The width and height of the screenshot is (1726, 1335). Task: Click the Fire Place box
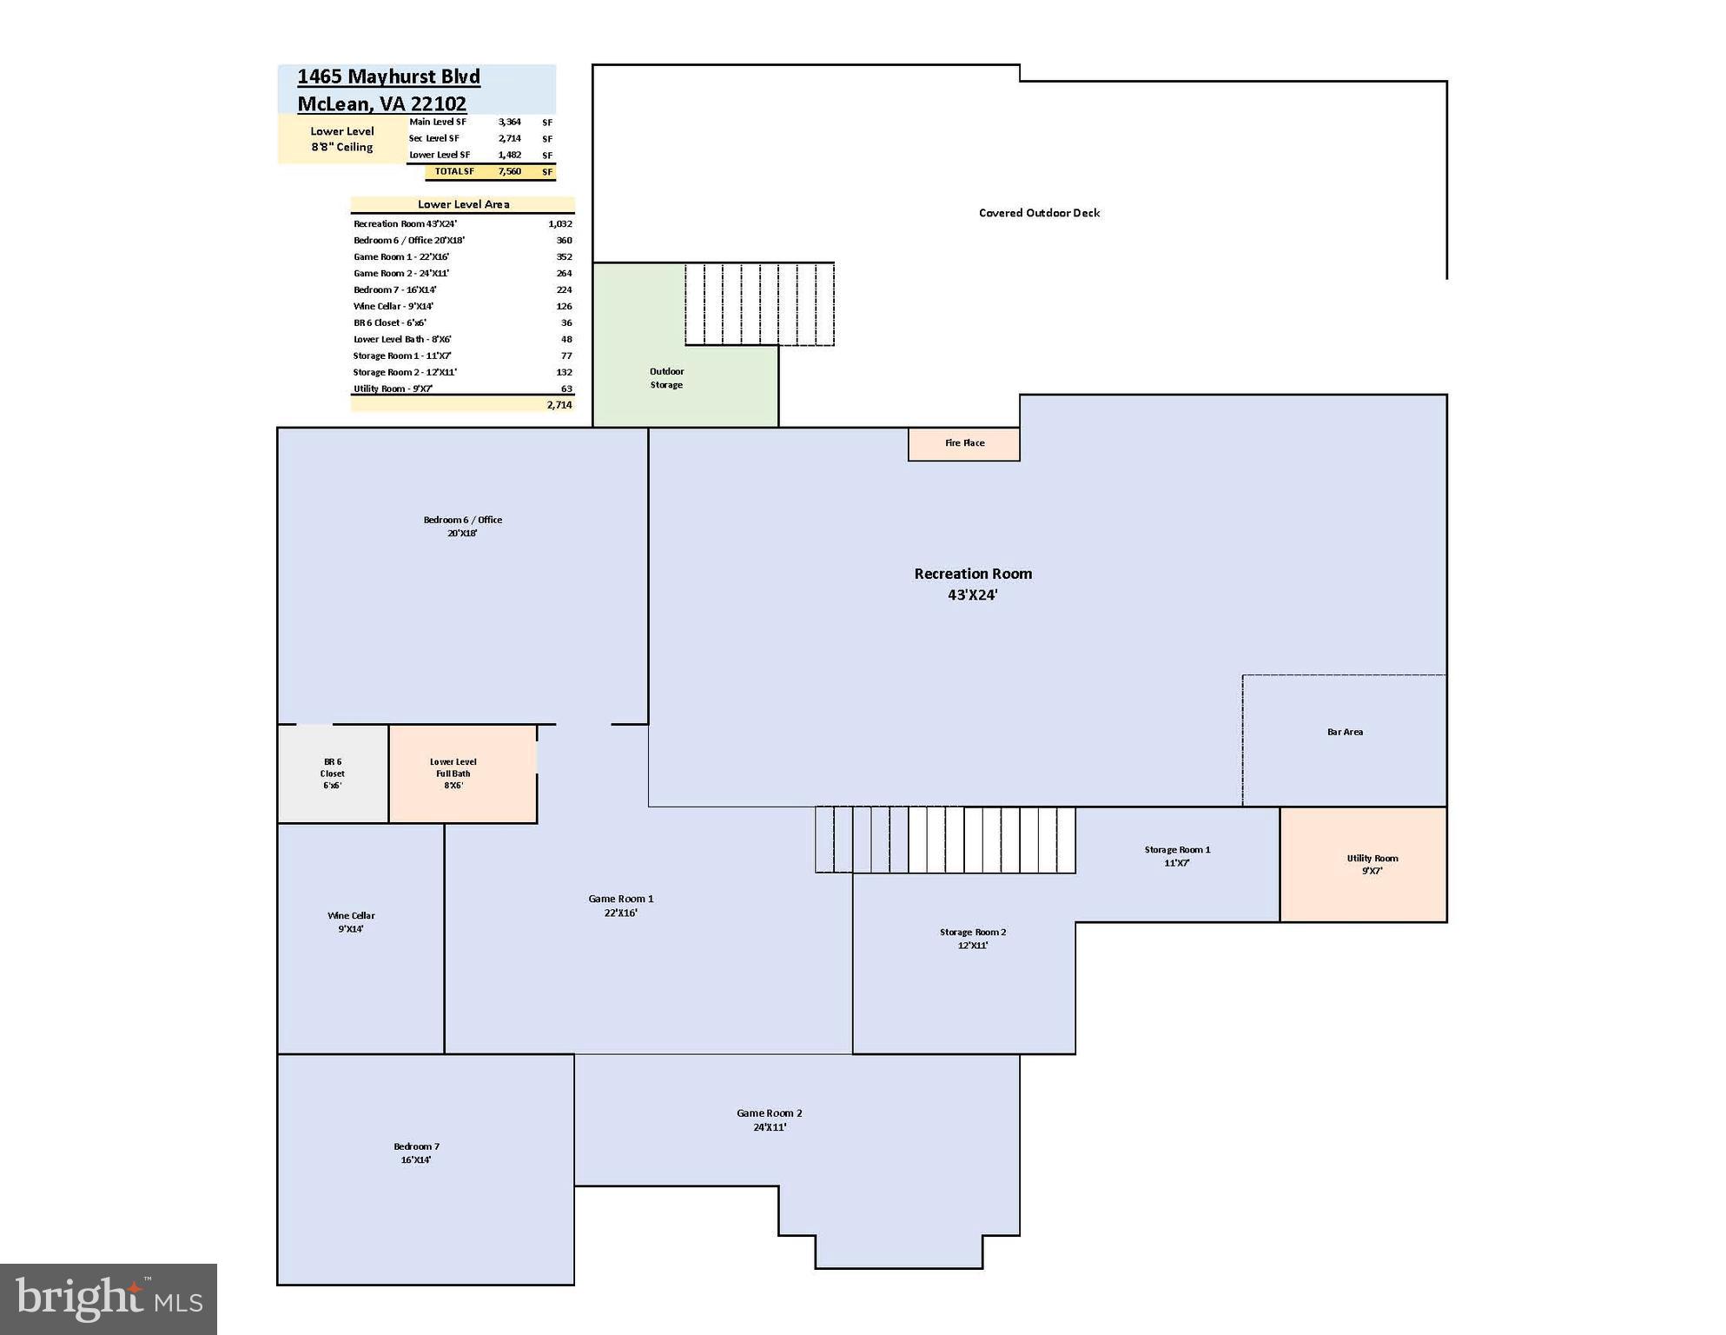pyautogui.click(x=963, y=443)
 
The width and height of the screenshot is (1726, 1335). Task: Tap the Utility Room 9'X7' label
pyautogui.click(x=1372, y=864)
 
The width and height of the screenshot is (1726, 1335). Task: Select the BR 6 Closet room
pyautogui.click(x=332, y=774)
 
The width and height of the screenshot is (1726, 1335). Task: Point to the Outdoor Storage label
pyautogui.click(x=666, y=378)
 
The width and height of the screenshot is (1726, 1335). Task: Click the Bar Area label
pyautogui.click(x=1345, y=732)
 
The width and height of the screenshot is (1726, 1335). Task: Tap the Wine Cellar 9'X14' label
pyautogui.click(x=351, y=922)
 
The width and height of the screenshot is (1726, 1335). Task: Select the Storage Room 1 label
pyautogui.click(x=1177, y=856)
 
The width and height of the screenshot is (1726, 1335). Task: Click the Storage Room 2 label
pyautogui.click(x=972, y=939)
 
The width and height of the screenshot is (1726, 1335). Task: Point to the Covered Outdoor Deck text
pyautogui.click(x=1039, y=213)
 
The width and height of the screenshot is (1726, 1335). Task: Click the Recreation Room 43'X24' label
pyautogui.click(x=973, y=584)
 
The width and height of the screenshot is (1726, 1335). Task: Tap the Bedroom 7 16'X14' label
pyautogui.click(x=416, y=1153)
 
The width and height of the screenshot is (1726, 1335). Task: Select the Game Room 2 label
pyautogui.click(x=770, y=1119)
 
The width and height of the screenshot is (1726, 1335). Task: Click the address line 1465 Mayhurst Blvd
pyautogui.click(x=388, y=76)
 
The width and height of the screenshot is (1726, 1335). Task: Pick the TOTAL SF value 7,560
pyautogui.click(x=510, y=172)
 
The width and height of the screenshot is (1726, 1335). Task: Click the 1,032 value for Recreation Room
pyautogui.click(x=559, y=223)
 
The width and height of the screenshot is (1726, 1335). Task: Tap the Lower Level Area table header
pyautogui.click(x=463, y=204)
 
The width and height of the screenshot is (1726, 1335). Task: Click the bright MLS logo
pyautogui.click(x=109, y=1299)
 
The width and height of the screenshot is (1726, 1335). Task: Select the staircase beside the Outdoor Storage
pyautogui.click(x=759, y=304)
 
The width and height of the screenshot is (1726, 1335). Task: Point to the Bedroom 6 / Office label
pyautogui.click(x=462, y=526)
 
